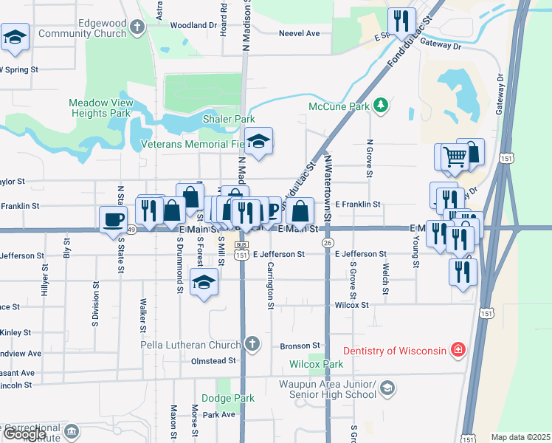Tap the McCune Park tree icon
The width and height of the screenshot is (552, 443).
pyautogui.click(x=381, y=106)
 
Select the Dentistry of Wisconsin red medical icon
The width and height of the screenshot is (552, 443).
pyautogui.click(x=458, y=350)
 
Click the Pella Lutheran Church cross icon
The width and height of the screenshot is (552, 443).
pyautogui.click(x=252, y=344)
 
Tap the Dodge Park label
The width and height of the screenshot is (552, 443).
pyautogui.click(x=227, y=399)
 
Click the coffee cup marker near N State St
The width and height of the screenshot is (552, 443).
pyautogui.click(x=114, y=219)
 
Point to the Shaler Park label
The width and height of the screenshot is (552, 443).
pyautogui.click(x=229, y=119)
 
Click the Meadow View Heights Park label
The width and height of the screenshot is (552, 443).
pyautogui.click(x=100, y=108)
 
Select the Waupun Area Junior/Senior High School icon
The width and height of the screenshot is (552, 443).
pyautogui.click(x=388, y=388)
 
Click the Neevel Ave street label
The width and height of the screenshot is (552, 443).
pyautogui.click(x=299, y=33)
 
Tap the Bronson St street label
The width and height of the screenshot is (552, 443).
pyautogui.click(x=300, y=346)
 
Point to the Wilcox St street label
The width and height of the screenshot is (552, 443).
pyautogui.click(x=351, y=304)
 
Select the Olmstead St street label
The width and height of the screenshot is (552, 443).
pyautogui.click(x=215, y=361)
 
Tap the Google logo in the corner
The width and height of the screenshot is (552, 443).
pyautogui.click(x=24, y=434)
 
